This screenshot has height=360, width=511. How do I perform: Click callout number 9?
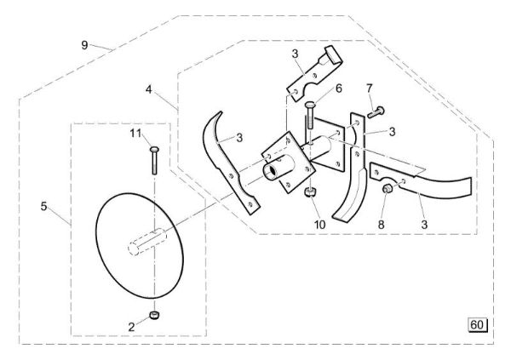[84, 44]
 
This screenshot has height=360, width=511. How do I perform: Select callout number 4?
[149, 89]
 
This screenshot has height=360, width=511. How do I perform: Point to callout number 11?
[135, 134]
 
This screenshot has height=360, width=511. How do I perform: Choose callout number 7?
[370, 88]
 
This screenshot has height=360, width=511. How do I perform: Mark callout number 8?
[380, 226]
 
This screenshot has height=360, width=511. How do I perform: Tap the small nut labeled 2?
[154, 317]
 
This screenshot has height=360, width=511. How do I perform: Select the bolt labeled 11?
[153, 161]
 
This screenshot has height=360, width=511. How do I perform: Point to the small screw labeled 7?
[378, 111]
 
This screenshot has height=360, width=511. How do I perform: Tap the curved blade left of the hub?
[230, 162]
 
